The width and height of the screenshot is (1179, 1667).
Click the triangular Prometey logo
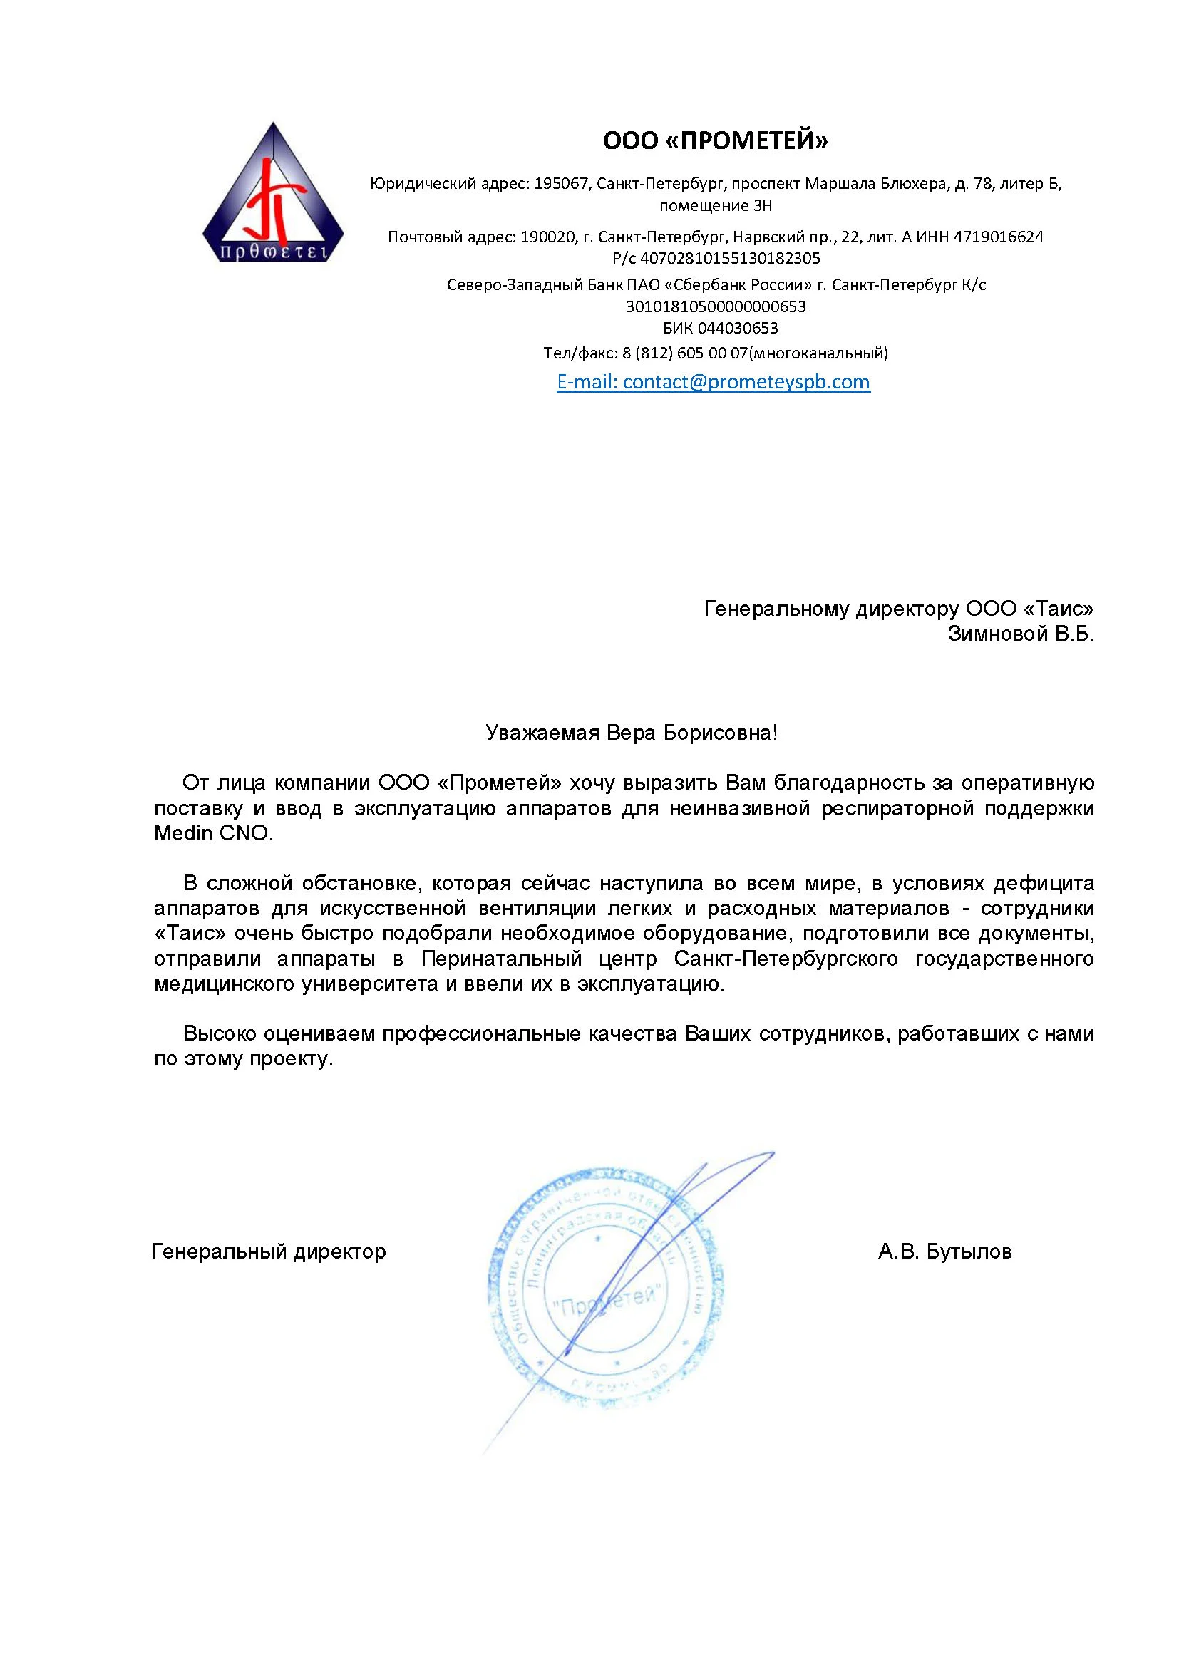coord(272,196)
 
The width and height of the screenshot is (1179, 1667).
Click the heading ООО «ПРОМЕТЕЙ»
coord(715,140)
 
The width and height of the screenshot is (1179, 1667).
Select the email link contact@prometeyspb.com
coord(746,382)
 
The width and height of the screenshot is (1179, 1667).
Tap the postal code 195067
coord(560,184)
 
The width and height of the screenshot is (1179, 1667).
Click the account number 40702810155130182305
coord(730,259)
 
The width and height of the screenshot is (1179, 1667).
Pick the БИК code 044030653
coord(737,328)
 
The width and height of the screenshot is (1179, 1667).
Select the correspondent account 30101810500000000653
coord(715,306)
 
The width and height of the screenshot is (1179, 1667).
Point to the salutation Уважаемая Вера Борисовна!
coord(632,733)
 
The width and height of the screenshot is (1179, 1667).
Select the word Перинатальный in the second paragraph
coord(502,959)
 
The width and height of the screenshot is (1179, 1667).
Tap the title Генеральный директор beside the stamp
coord(269,1251)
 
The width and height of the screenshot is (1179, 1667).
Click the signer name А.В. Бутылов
coord(944,1251)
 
